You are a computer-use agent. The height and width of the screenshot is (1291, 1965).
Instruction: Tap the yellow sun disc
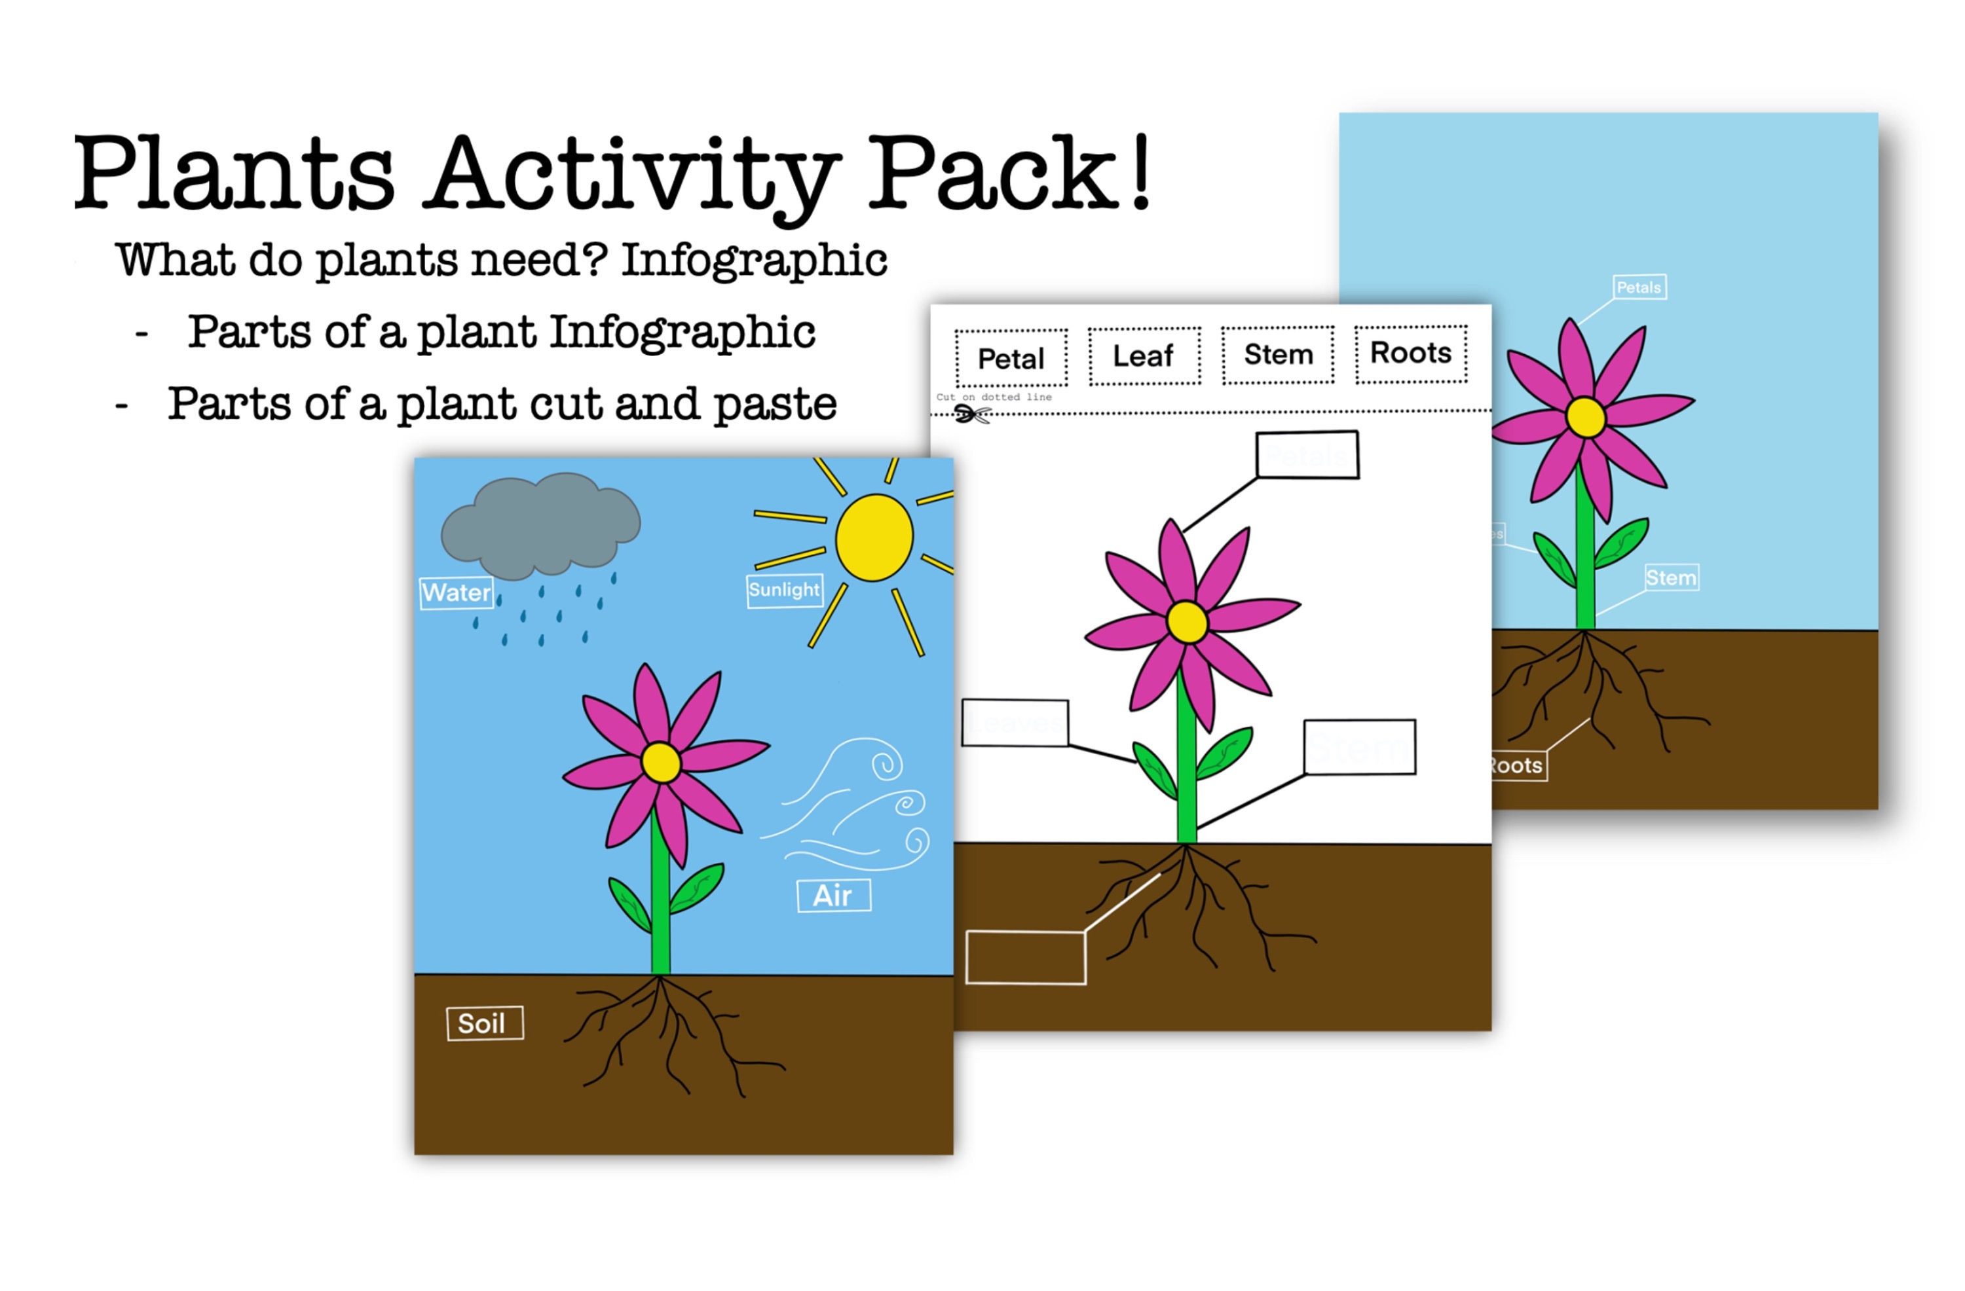pyautogui.click(x=874, y=537)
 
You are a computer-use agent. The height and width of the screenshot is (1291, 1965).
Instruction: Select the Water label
pyautogui.click(x=457, y=592)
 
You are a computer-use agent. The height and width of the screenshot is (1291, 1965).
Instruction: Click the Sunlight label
pyautogui.click(x=784, y=591)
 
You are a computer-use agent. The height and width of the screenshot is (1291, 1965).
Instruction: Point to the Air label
pyautogui.click(x=833, y=896)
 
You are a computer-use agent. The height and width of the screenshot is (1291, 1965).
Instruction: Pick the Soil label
pyautogui.click(x=485, y=1023)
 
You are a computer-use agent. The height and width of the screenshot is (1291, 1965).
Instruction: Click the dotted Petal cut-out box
pyautogui.click(x=1011, y=358)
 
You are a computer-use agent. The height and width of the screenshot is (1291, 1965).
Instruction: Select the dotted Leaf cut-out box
pyautogui.click(x=1144, y=355)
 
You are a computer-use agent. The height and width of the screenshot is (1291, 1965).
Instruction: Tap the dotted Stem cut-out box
pyautogui.click(x=1278, y=354)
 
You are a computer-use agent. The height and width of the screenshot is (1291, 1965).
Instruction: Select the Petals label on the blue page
pyautogui.click(x=1639, y=287)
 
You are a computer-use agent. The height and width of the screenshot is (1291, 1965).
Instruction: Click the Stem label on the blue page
pyautogui.click(x=1671, y=578)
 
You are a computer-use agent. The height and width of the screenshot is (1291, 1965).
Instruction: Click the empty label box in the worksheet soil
pyautogui.click(x=1026, y=958)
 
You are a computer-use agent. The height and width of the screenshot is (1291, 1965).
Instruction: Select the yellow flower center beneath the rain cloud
pyautogui.click(x=660, y=763)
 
